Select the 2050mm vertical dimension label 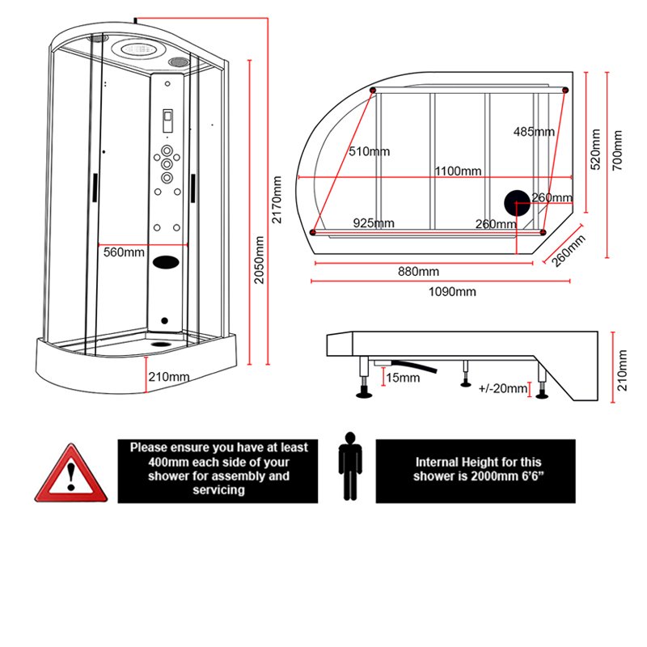click(x=259, y=260)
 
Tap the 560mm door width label click(x=124, y=252)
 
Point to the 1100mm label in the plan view click(x=458, y=171)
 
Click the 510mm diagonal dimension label click(x=369, y=151)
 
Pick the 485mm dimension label click(x=534, y=132)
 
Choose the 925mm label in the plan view click(x=374, y=223)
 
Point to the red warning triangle click(x=70, y=475)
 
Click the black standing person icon click(x=349, y=466)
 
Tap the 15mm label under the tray click(x=403, y=378)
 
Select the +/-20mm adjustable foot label click(x=503, y=389)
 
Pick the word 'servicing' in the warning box click(x=218, y=490)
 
